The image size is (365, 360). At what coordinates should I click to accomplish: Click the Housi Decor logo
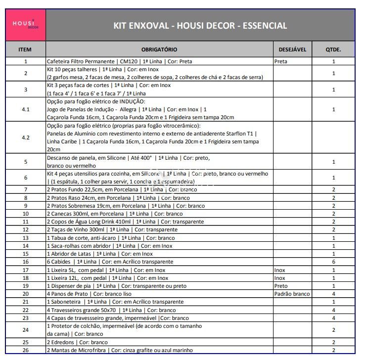(26, 25)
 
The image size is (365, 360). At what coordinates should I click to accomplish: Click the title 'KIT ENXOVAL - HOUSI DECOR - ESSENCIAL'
(200, 26)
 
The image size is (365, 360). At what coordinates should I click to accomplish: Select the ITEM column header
(25, 49)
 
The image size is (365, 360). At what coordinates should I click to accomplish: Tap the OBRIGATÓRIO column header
(159, 49)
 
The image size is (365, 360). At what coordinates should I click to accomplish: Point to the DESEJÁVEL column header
(293, 49)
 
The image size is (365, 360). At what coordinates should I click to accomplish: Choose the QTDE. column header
(333, 49)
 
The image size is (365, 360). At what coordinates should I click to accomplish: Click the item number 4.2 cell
(26, 137)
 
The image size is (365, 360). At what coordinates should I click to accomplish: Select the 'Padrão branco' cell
(292, 294)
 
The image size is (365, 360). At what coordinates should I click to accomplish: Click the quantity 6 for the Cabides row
(334, 262)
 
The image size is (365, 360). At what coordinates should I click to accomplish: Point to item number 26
(26, 350)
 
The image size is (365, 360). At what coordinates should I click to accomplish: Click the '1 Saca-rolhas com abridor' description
(110, 246)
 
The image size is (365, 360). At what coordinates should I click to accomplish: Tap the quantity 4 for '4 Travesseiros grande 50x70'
(334, 310)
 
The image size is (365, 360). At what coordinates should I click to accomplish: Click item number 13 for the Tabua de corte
(26, 238)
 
